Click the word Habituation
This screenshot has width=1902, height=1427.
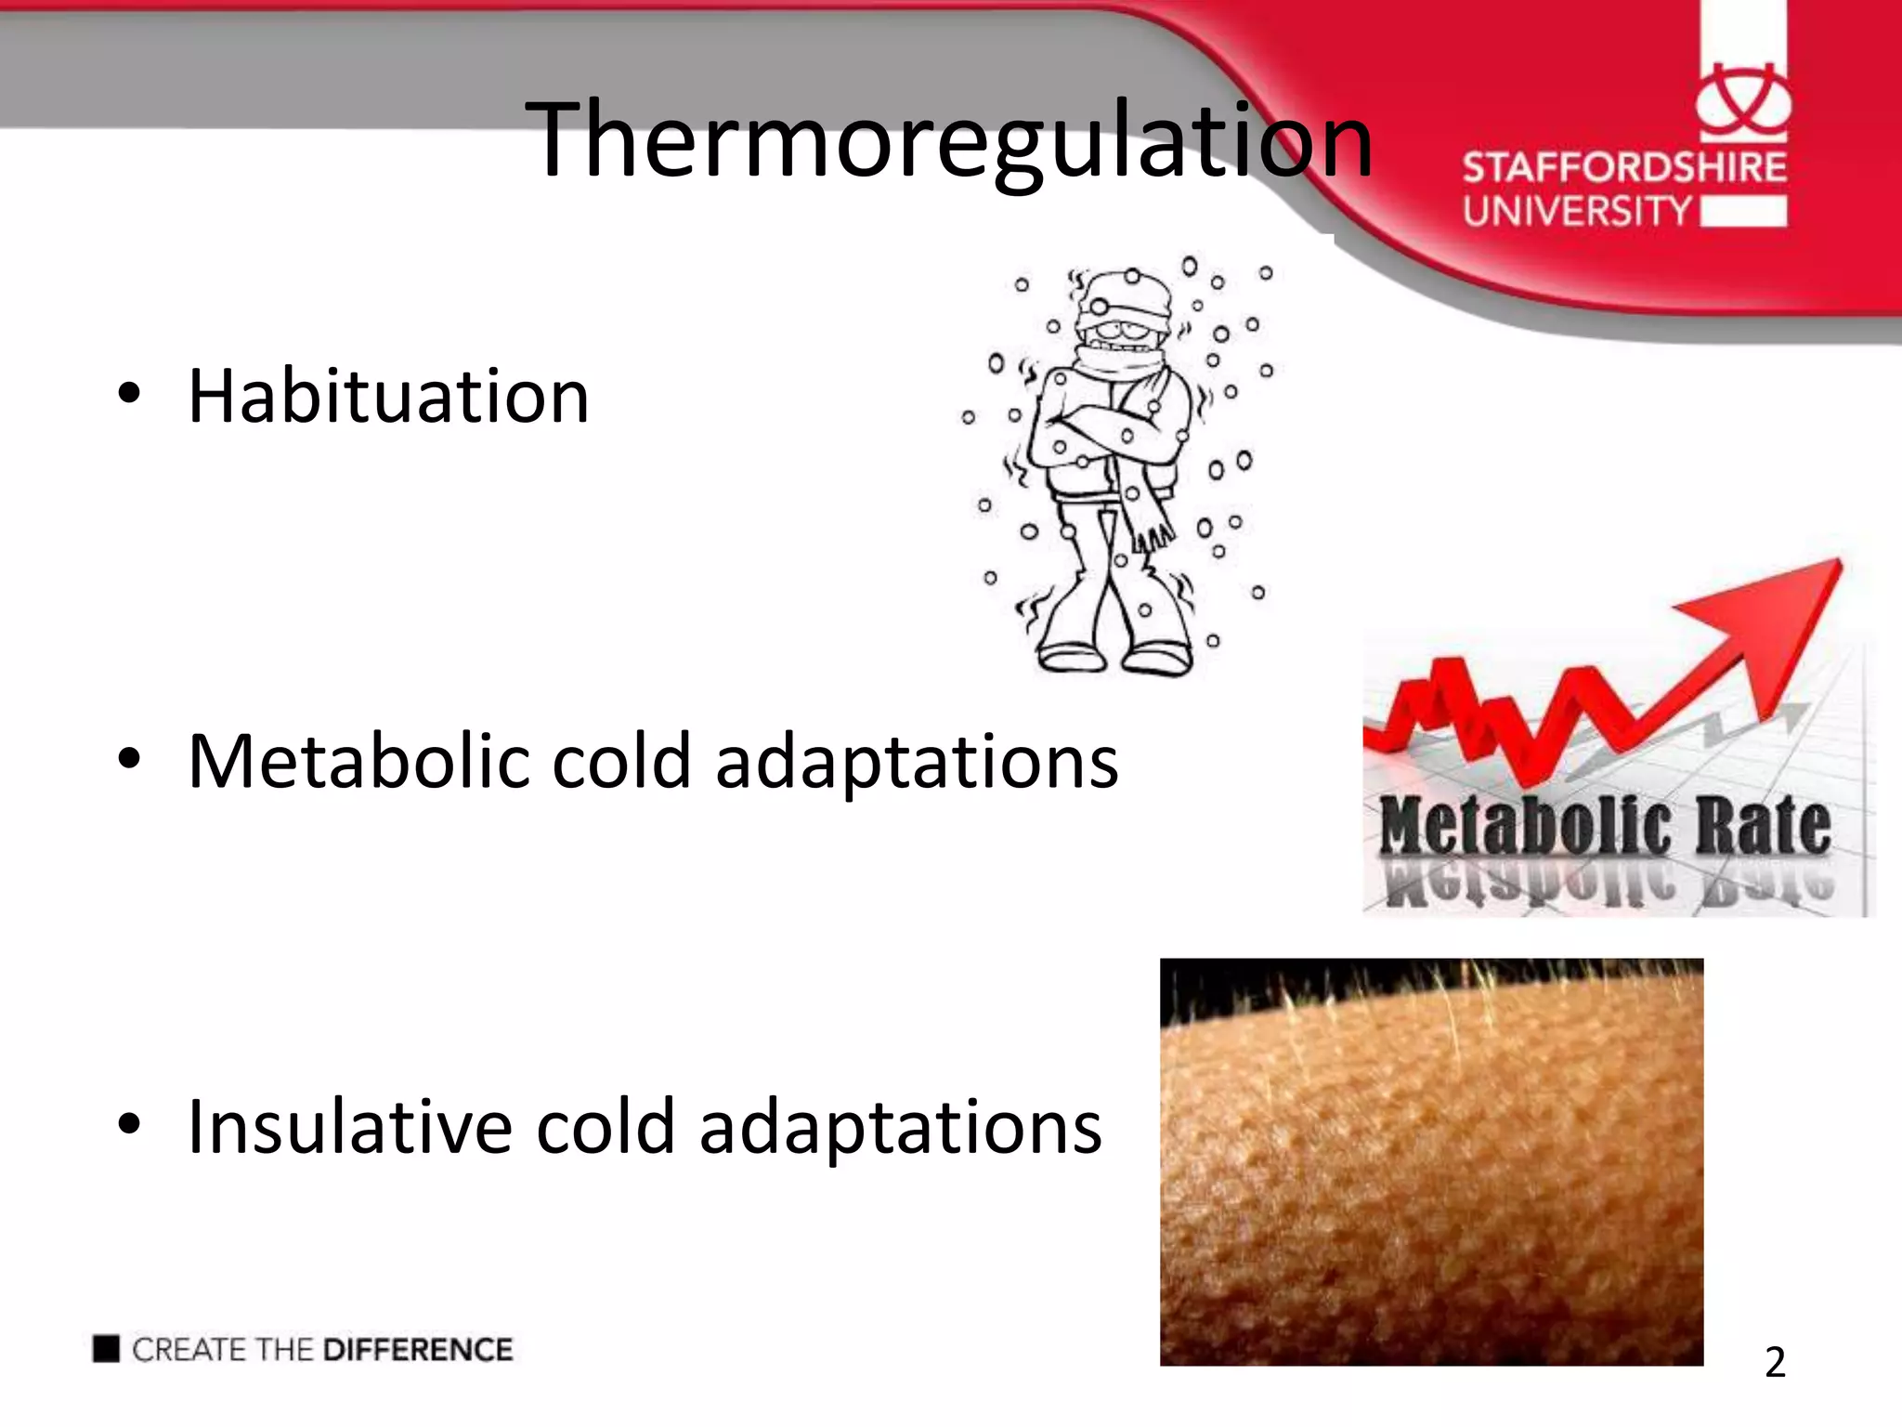pos(388,397)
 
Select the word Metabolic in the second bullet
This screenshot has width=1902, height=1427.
pos(358,762)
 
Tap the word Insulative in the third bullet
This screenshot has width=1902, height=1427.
pos(349,1127)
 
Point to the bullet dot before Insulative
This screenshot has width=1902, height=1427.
pos(129,1125)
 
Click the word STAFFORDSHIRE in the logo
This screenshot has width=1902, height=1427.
pos(1624,168)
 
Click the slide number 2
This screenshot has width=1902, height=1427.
pos(1775,1363)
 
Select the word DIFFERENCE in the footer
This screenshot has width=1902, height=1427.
pos(418,1350)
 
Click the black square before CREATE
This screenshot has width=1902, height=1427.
pos(107,1349)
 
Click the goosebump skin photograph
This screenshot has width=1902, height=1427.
pos(1431,1161)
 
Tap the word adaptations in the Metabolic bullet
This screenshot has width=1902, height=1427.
pos(917,762)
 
